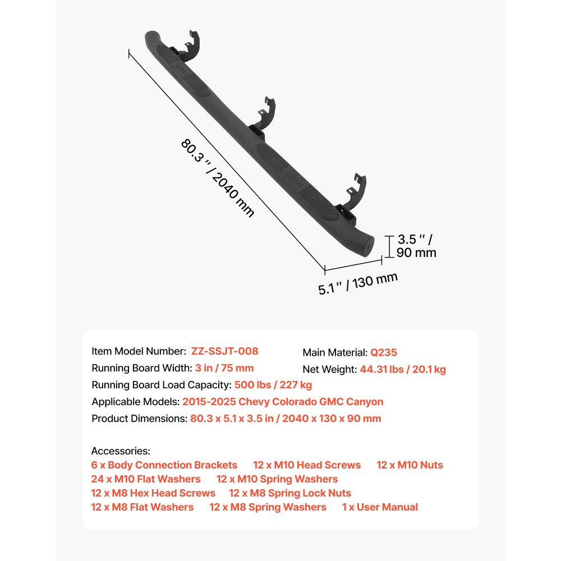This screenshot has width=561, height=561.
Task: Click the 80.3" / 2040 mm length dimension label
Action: pos(218,178)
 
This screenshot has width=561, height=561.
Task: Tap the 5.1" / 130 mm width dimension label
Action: pos(358,283)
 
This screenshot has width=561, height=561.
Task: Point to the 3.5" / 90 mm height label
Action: pos(416,246)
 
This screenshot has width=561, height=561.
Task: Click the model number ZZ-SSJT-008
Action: pos(225,351)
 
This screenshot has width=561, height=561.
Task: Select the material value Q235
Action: pos(384,352)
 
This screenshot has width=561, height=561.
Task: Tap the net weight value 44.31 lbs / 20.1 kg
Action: pos(403,369)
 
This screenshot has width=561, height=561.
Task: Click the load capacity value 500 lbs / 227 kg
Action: pos(273,385)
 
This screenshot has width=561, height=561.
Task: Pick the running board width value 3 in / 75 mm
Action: pos(224,368)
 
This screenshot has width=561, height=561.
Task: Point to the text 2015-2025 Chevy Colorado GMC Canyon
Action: pos(283,402)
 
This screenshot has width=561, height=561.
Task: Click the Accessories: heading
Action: pos(121,451)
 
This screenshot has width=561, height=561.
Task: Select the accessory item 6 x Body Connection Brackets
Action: pos(164,465)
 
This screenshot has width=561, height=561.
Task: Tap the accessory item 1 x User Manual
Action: pos(380,507)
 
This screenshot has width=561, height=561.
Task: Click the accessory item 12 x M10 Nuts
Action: pos(410,465)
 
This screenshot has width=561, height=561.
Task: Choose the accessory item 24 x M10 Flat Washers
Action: pos(146,479)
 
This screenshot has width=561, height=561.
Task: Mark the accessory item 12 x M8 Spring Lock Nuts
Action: pos(290,493)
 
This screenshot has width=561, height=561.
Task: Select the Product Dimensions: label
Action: pos(140,419)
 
